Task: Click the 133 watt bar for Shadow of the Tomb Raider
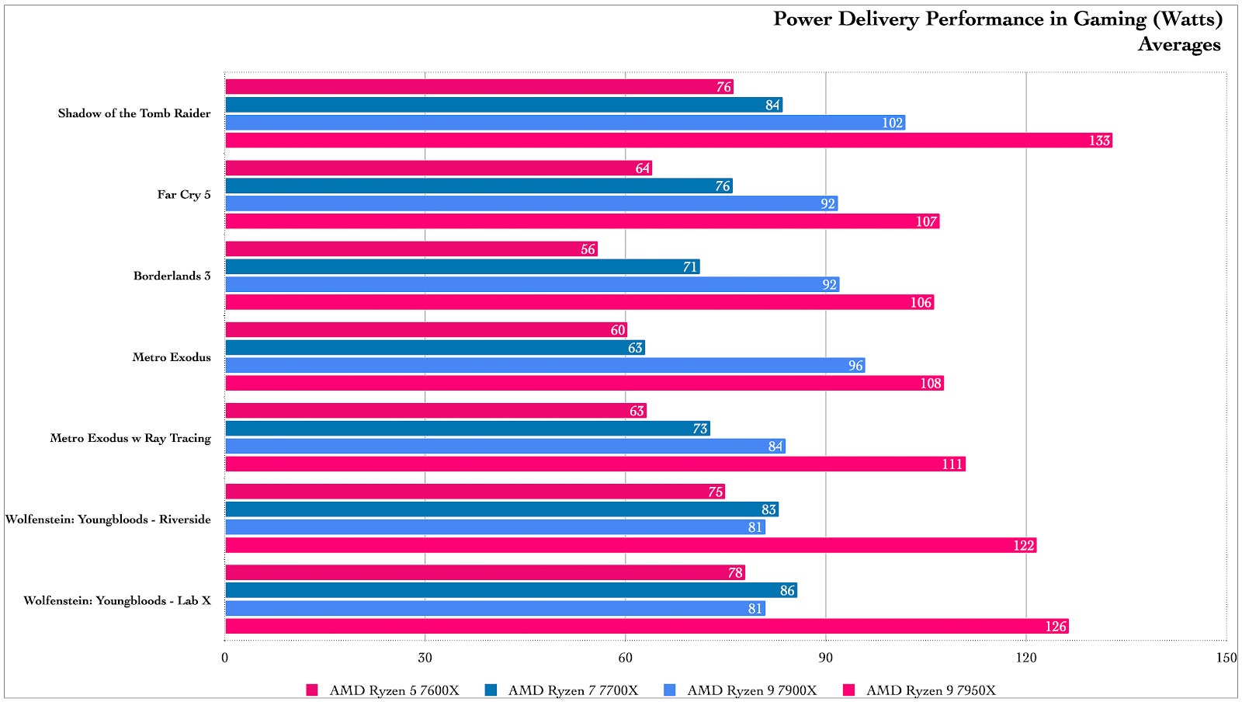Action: [668, 141]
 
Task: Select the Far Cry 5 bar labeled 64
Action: [439, 168]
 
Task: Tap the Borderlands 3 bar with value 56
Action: [411, 249]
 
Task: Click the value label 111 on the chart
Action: [952, 464]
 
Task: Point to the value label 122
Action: [1024, 546]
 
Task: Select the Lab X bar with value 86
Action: [511, 590]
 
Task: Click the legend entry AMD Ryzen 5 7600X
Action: [394, 690]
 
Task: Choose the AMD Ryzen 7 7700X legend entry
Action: [573, 690]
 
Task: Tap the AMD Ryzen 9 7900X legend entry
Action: [751, 690]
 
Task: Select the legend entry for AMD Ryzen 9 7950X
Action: [931, 690]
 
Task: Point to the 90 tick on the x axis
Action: [825, 658]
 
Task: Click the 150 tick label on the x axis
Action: [1226, 658]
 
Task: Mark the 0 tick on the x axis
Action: [225, 658]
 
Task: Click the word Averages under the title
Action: [1179, 44]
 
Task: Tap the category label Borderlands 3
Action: [172, 276]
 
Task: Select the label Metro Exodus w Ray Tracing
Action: [130, 438]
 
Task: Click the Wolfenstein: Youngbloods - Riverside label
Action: [108, 520]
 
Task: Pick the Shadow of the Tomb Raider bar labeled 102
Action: [565, 123]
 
